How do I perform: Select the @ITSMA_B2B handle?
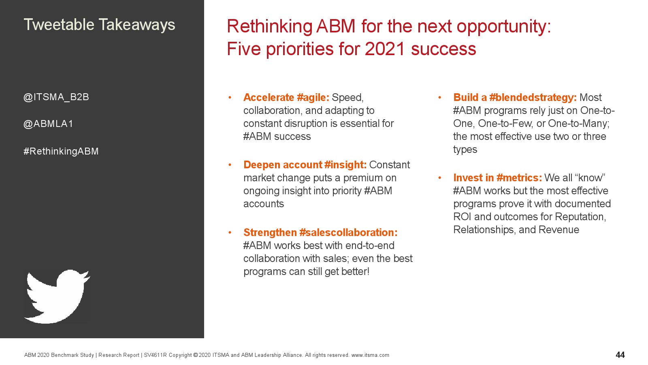[x=56, y=97]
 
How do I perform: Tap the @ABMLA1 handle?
[x=48, y=124]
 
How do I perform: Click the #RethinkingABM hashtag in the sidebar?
[x=61, y=151]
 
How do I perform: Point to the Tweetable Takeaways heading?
[x=99, y=25]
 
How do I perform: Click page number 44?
[x=620, y=355]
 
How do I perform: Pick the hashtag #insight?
[x=345, y=165]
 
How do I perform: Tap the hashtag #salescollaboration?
[x=348, y=232]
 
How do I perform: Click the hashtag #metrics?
[x=519, y=178]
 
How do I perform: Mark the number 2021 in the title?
[x=384, y=49]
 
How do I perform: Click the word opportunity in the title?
[x=504, y=27]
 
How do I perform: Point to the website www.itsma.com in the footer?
[x=370, y=355]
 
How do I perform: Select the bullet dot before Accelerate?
[x=230, y=98]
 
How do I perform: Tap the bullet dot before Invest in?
[x=439, y=178]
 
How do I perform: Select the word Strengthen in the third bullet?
[x=270, y=232]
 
